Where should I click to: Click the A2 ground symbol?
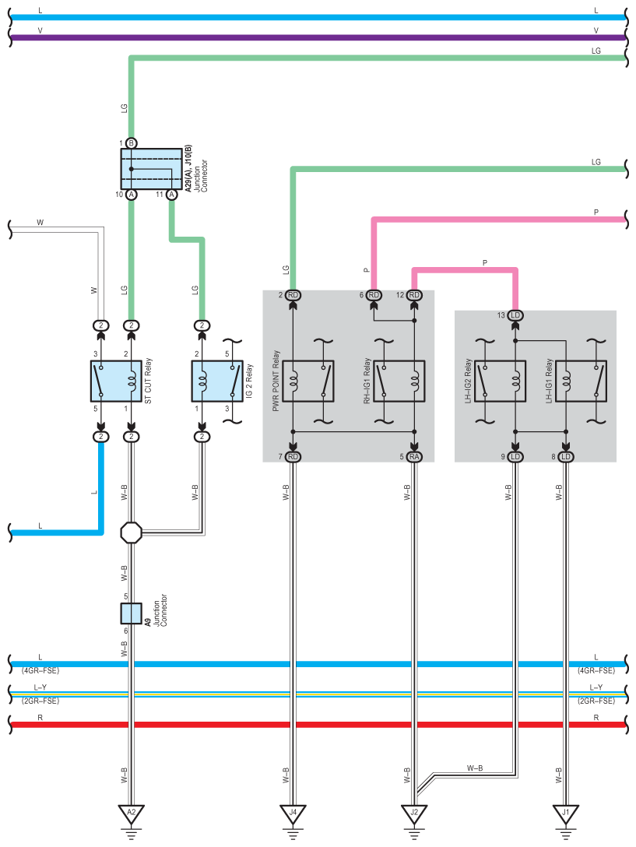pyautogui.click(x=132, y=814)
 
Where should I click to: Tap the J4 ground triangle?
pyautogui.click(x=293, y=814)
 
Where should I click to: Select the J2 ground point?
pyautogui.click(x=414, y=814)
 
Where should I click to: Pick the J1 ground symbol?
pyautogui.click(x=566, y=814)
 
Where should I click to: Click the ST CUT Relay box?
pyautogui.click(x=116, y=381)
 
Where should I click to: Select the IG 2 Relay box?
pyautogui.click(x=217, y=381)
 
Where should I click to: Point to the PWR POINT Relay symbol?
pyautogui.click(x=308, y=381)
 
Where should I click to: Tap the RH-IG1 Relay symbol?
pyautogui.click(x=399, y=381)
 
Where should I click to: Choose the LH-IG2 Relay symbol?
pyautogui.click(x=501, y=381)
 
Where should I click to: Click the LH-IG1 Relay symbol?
pyautogui.click(x=581, y=381)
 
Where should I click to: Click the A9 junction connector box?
pyautogui.click(x=132, y=613)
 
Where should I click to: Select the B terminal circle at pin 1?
pyautogui.click(x=132, y=143)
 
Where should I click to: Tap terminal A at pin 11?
pyautogui.click(x=172, y=194)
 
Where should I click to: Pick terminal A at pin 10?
pyautogui.click(x=132, y=194)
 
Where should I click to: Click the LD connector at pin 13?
pyautogui.click(x=515, y=315)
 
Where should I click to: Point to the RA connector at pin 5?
pyautogui.click(x=414, y=456)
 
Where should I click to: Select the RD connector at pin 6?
pyautogui.click(x=374, y=295)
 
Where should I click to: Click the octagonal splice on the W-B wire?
pyautogui.click(x=132, y=532)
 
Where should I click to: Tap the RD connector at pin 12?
pyautogui.click(x=414, y=295)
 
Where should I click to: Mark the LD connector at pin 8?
pyautogui.click(x=566, y=456)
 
